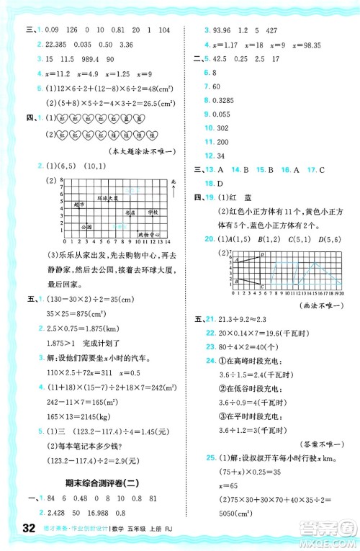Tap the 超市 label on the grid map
[x=78, y=205]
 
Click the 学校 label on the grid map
[x=153, y=214]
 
